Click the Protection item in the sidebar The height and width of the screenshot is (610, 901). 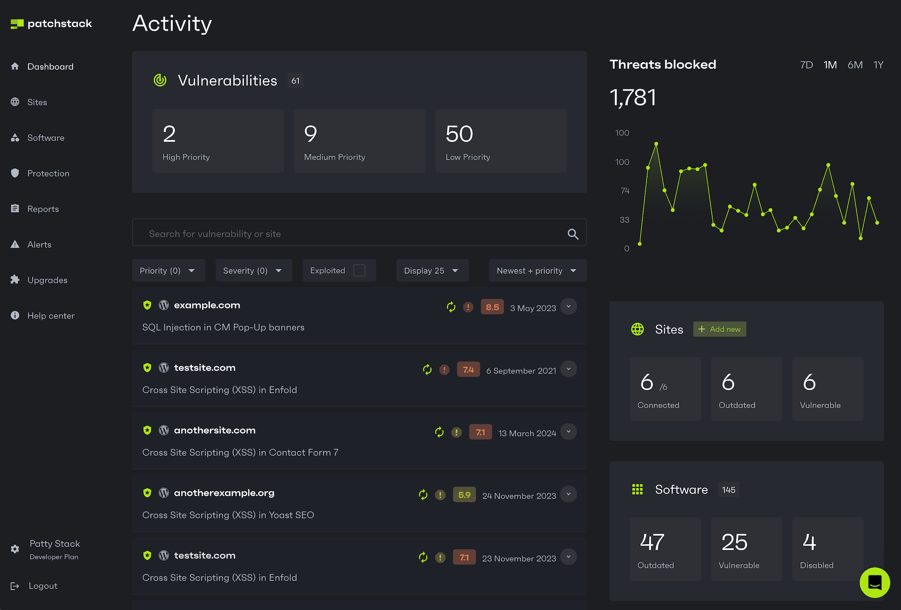pos(48,173)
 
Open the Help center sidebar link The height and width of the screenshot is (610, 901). pos(51,316)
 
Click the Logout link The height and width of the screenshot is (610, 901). pos(43,586)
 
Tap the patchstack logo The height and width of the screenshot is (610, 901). pos(52,24)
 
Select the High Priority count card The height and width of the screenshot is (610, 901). pos(218,141)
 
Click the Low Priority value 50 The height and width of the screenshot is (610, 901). pos(459,134)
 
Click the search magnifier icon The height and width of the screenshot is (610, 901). pos(573,234)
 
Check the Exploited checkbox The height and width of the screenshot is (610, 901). pos(359,270)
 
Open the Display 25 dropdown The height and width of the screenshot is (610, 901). pos(432,270)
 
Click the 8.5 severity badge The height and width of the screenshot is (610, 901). pos(492,307)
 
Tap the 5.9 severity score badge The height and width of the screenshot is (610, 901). pos(464,495)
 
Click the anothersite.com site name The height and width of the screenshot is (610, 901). pos(214,430)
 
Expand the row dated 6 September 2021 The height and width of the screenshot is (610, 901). pos(568,369)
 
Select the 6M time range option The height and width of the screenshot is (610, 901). pos(854,65)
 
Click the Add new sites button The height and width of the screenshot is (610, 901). pos(719,329)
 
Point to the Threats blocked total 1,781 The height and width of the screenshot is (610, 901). pos(633,97)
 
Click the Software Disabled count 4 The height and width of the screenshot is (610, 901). pos(809,542)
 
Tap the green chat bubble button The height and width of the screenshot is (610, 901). pos(874,582)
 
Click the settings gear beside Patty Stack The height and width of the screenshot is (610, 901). pos(15,549)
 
